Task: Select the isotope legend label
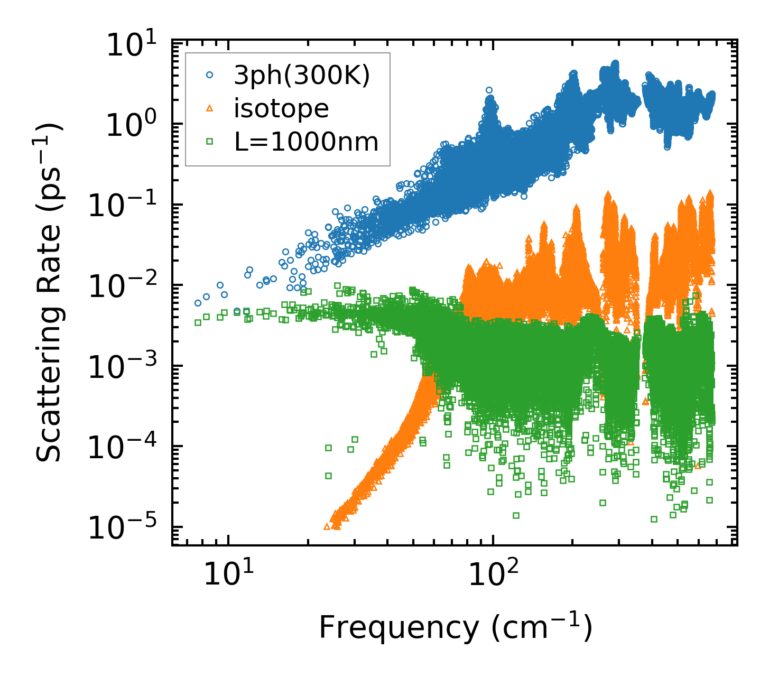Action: [281, 109]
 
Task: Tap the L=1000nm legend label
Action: [307, 142]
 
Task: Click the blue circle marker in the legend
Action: [210, 76]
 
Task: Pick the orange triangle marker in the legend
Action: [210, 109]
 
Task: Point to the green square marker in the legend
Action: [210, 142]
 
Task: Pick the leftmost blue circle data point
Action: [198, 303]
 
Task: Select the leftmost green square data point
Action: [198, 322]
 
